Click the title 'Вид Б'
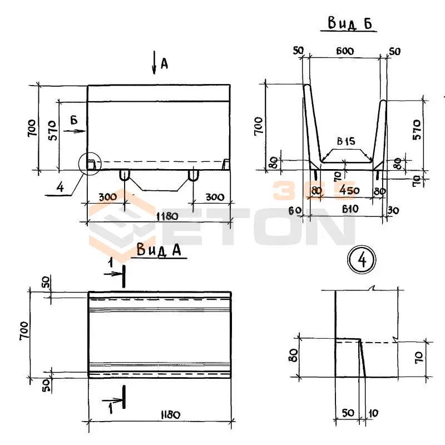pos(350,23)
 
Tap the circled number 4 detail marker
pos(362,260)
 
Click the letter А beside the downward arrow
pos(164,64)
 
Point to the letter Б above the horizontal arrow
pos(74,120)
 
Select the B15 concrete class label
pos(346,141)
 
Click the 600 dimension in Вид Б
pos(345,51)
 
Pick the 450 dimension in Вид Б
pos(349,190)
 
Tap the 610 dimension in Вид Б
pos(350,209)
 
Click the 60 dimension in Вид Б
pos(295,210)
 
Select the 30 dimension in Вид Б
pos(393,210)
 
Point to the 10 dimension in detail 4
pos(373,413)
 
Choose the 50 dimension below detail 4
pos(348,413)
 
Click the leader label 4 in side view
pos(61,187)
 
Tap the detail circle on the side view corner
pos(90,164)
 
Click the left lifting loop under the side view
pos(124,175)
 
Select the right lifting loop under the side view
pos(193,175)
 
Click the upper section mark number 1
pos(111,263)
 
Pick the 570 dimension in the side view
pos(53,130)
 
